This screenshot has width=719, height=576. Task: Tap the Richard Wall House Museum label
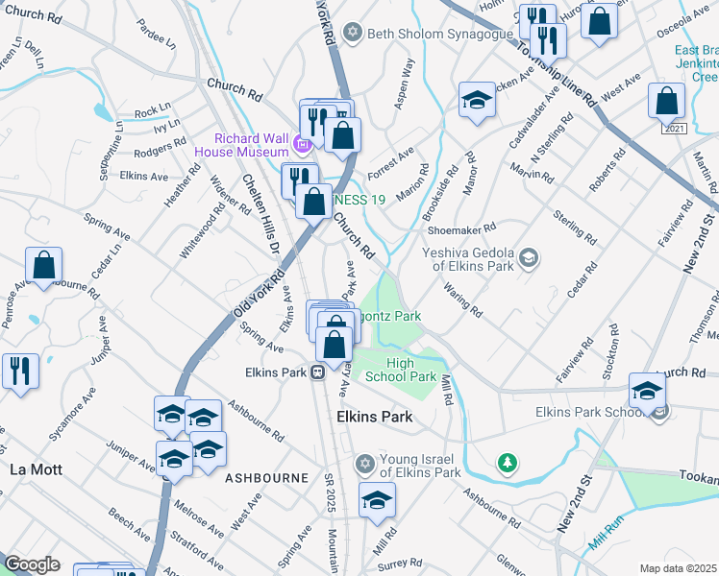pos(241,145)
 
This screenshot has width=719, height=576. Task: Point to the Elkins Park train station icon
pos(315,372)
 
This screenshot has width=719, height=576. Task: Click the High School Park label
pos(412,370)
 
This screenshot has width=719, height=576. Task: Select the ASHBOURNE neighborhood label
pos(266,477)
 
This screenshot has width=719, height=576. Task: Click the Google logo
pos(32,564)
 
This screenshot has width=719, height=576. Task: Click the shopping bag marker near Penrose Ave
pos(44,267)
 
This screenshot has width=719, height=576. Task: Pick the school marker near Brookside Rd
pos(477,101)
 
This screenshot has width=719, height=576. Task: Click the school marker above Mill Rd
pos(378,500)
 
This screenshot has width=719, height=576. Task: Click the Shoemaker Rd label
pos(462,228)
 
